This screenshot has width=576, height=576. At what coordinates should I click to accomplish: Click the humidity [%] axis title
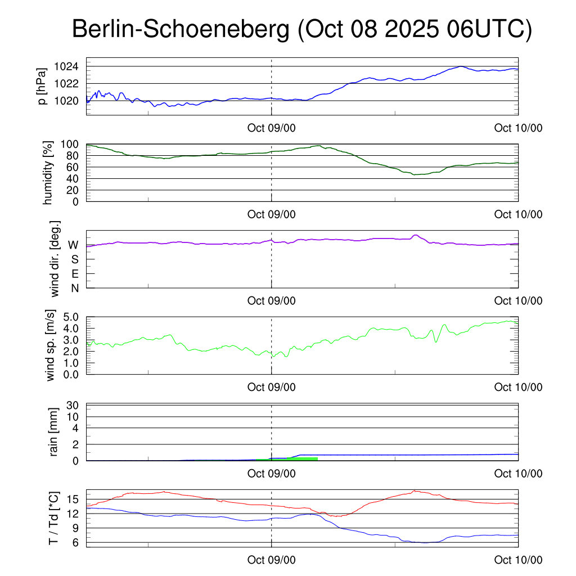[x=47, y=173]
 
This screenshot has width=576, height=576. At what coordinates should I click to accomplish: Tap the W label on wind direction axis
[x=73, y=245]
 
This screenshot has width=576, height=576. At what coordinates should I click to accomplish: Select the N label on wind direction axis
[x=74, y=288]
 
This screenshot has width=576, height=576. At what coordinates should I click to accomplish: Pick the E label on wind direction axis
[x=74, y=274]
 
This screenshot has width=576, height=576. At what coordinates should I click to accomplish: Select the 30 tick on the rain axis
[x=73, y=405]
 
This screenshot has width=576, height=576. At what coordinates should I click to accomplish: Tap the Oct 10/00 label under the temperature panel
[x=518, y=560]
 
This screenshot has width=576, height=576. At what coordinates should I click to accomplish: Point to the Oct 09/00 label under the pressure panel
[x=271, y=128]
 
